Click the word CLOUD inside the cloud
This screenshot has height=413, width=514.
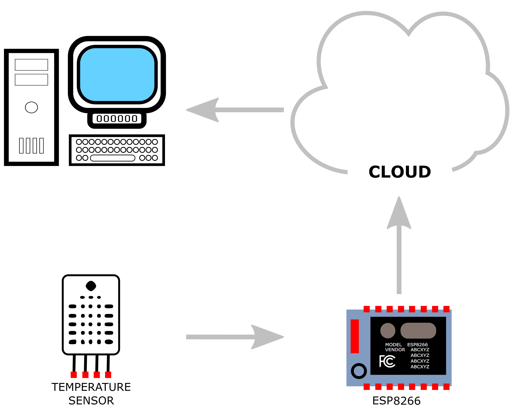click(x=400, y=172)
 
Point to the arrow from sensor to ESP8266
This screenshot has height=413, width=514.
click(x=235, y=337)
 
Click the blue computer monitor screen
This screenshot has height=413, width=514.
click(x=117, y=74)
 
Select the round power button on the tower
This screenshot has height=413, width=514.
click(x=31, y=107)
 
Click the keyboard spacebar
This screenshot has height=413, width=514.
click(x=112, y=158)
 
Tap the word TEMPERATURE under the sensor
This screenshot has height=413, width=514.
click(x=91, y=387)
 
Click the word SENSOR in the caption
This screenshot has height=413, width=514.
click(x=91, y=401)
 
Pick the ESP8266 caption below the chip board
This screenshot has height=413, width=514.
click(x=396, y=401)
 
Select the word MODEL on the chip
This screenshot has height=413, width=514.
click(x=393, y=345)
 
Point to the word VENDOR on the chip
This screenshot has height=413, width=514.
click(x=395, y=350)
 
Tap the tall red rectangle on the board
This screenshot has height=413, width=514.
click(x=354, y=336)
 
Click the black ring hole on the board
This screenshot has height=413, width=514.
click(x=359, y=371)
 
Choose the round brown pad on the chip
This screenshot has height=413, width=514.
click(x=388, y=330)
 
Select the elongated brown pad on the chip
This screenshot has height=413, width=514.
click(x=418, y=330)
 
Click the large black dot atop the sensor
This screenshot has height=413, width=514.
click(x=91, y=286)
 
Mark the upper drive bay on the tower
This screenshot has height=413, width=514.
click(x=31, y=65)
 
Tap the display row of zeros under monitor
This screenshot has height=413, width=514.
click(x=117, y=119)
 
